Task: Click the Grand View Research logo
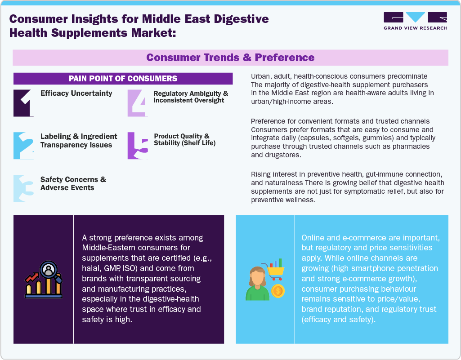click(415, 21)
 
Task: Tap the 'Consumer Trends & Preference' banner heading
click(230, 58)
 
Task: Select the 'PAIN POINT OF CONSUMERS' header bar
click(123, 79)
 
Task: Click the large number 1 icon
click(24, 103)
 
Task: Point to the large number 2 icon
click(24, 145)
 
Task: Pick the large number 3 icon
click(24, 188)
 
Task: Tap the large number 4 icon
click(137, 103)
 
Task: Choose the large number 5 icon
click(138, 145)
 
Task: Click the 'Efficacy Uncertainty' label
click(76, 93)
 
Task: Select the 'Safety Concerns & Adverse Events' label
click(73, 183)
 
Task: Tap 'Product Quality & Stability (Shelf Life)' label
click(185, 140)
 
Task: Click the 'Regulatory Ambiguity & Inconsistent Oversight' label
click(191, 97)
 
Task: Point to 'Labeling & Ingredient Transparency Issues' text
click(79, 140)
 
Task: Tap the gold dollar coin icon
click(278, 291)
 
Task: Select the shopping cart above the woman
click(276, 268)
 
